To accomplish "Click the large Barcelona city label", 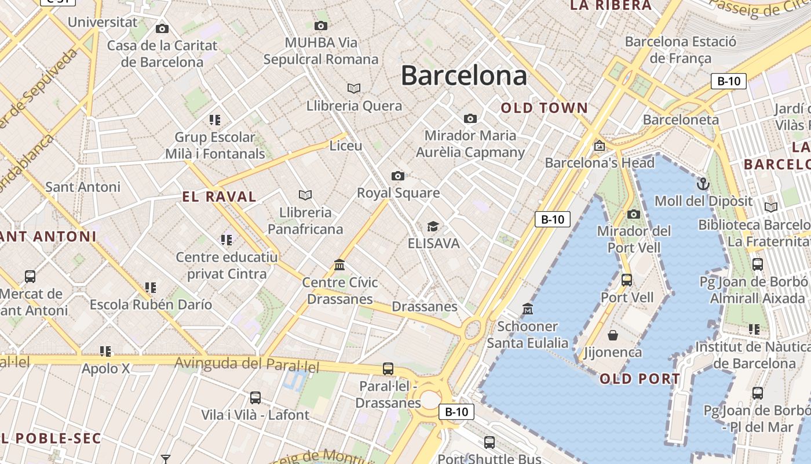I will [464, 75].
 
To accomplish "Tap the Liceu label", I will [346, 146].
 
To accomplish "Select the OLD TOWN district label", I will [544, 108].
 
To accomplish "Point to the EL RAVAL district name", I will [220, 197].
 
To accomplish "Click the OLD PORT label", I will [640, 379].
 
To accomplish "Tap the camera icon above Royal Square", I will [398, 176].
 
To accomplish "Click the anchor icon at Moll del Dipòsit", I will [703, 184].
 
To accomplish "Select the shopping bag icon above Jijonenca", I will [613, 335].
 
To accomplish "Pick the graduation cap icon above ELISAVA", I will [433, 226].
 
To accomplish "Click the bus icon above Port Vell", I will [626, 280].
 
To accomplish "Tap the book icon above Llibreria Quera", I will [354, 88].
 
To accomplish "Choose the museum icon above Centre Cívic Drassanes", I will [339, 266].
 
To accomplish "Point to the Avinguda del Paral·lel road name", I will [247, 364].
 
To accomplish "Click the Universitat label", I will [103, 23].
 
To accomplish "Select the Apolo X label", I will [106, 368].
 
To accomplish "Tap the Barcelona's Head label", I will [600, 163].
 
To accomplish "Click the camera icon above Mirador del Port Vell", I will [634, 214].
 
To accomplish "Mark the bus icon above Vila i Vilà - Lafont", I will [255, 398].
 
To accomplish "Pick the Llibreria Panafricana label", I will [305, 221].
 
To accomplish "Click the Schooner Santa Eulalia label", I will [527, 335].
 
